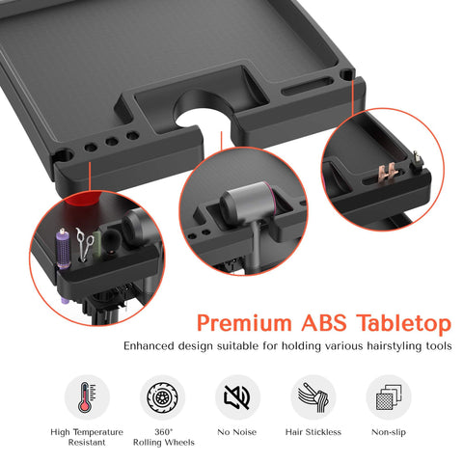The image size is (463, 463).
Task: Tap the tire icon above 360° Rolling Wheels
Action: click(162, 397)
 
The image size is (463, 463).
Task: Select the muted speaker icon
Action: click(237, 397)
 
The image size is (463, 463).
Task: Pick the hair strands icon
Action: click(313, 397)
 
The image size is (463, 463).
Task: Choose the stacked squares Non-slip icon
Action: click(389, 397)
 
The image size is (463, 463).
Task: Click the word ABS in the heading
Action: click(324, 323)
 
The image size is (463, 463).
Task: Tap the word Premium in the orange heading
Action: click(244, 323)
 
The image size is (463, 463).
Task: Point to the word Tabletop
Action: click(404, 323)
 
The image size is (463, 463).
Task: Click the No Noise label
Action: click(237, 432)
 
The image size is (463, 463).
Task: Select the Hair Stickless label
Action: click(313, 432)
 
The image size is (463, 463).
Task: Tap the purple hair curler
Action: click(64, 249)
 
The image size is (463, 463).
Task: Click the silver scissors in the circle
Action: click(84, 243)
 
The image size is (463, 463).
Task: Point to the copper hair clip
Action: click(388, 174)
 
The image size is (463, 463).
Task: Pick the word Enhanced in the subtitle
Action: click(150, 346)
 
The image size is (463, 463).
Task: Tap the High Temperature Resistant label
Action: click(87, 437)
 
